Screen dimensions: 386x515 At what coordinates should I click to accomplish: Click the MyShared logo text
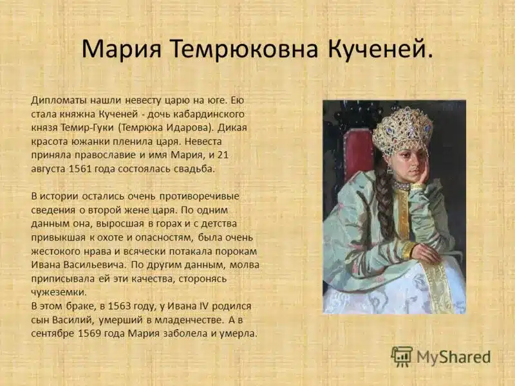pos(453,356)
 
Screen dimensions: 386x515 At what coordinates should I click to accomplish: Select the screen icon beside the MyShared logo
pos(402,356)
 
